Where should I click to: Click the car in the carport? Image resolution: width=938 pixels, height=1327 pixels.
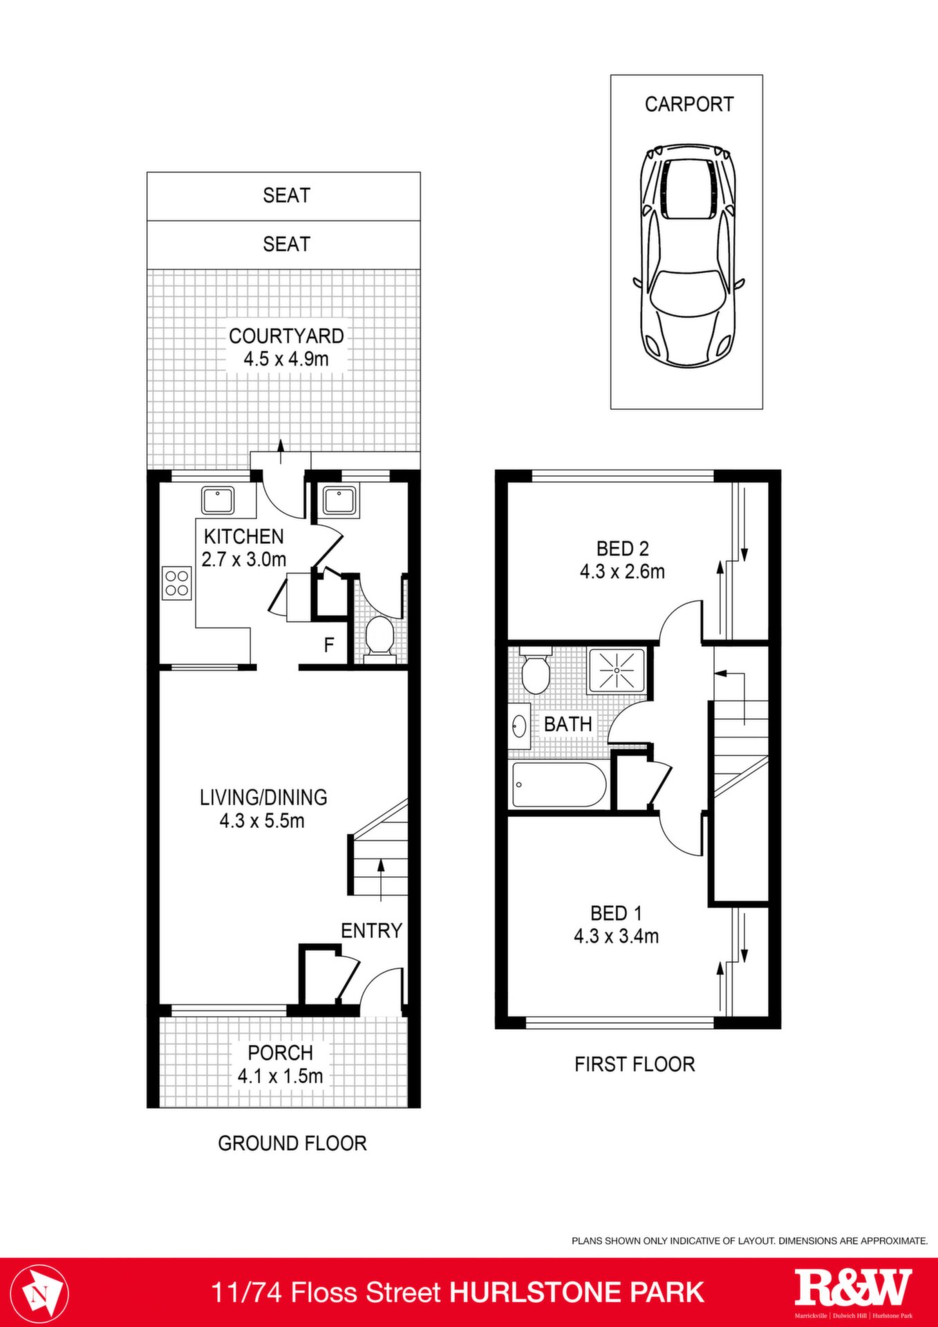pos(688,256)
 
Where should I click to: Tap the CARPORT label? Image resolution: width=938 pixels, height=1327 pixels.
pos(688,104)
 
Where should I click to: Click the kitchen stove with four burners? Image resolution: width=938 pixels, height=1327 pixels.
pos(177,583)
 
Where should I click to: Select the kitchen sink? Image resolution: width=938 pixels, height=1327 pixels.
pos(218,500)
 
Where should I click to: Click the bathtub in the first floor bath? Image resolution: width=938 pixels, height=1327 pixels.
pos(559,784)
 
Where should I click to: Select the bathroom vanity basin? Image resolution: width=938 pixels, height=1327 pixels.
pos(520,726)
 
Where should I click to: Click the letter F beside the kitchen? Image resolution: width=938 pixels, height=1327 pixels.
pos(329,645)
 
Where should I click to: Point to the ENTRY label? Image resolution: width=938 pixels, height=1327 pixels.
pos(371,931)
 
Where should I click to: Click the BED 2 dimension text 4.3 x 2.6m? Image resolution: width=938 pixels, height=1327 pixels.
pos(622,572)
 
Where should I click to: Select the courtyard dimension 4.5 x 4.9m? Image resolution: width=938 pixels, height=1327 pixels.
pos(286,359)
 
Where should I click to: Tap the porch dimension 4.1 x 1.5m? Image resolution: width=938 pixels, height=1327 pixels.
pos(281,1076)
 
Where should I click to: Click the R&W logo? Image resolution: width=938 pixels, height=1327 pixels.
pos(854,1288)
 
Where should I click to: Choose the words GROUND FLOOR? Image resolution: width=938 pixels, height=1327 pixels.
pos(292,1144)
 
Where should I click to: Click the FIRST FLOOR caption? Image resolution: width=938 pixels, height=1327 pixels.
pos(635,1064)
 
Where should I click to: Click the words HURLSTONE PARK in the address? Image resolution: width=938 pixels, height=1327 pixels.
pos(577,1292)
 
